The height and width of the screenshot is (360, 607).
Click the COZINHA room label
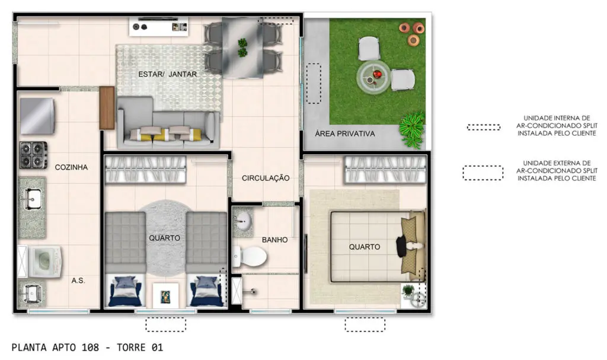click(71, 167)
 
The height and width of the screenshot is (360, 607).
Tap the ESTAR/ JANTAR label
click(168, 74)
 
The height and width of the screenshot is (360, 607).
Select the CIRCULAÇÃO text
click(266, 178)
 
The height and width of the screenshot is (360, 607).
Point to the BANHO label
click(274, 240)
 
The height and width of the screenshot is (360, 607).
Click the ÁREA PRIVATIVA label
click(344, 133)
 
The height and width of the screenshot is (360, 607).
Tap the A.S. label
click(78, 281)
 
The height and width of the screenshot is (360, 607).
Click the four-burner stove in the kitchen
click(34, 155)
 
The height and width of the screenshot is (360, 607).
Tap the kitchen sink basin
click(32, 199)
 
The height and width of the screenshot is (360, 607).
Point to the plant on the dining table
click(242, 47)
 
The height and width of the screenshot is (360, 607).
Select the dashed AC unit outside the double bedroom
click(365, 325)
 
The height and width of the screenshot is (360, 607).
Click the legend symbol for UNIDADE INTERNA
click(484, 127)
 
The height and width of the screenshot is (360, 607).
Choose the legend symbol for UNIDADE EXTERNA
click(483, 173)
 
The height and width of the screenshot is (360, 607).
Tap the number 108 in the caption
click(90, 347)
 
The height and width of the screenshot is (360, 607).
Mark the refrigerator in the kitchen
click(37, 116)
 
